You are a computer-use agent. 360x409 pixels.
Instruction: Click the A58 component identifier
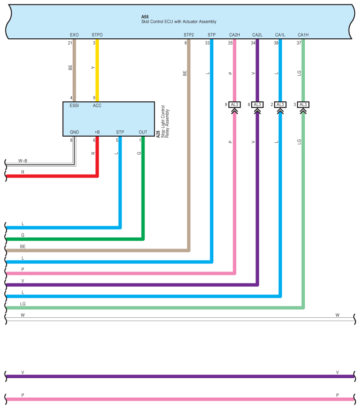point(145,17)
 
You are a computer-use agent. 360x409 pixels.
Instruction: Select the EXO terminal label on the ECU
point(74,35)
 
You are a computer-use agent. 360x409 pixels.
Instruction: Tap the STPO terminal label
point(97,35)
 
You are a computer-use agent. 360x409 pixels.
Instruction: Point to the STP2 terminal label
point(189,35)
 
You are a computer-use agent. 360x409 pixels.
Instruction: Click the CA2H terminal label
point(234,35)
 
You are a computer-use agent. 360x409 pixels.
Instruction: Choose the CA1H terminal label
point(303,35)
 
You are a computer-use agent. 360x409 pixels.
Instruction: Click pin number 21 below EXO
point(70,43)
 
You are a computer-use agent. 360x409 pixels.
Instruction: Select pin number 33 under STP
point(208,43)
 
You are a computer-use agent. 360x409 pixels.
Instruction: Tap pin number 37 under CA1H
point(299,43)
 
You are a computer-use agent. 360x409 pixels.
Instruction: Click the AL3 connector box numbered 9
point(234,105)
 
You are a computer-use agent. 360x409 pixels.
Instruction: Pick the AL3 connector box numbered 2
point(280,105)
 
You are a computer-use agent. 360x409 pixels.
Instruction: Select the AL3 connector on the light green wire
point(303,105)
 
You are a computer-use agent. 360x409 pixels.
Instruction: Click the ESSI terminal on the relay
point(74,106)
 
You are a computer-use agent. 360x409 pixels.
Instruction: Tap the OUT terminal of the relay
point(143,132)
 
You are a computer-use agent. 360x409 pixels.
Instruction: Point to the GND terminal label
point(74,132)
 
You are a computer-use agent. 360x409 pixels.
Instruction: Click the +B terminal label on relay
point(97,132)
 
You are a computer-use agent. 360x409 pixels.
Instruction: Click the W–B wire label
point(22,161)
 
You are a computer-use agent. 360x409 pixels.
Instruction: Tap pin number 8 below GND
point(71,140)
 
